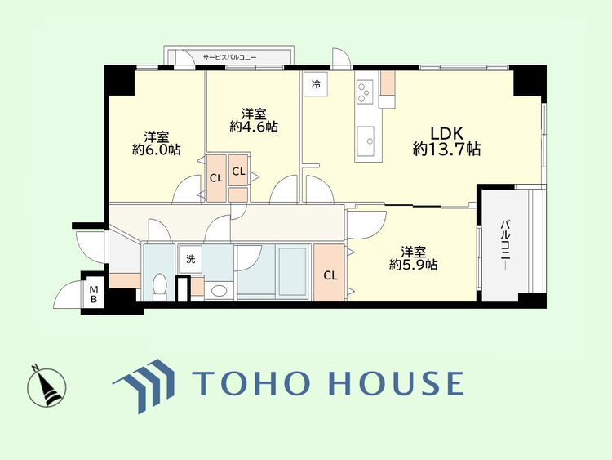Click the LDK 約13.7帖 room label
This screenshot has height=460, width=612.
click(447, 141)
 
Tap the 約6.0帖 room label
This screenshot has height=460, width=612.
click(157, 144)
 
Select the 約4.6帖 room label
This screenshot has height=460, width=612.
click(254, 120)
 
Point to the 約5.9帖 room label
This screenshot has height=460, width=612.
click(414, 258)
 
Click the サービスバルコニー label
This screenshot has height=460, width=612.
click(229, 57)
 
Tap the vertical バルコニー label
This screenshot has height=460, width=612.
click(505, 245)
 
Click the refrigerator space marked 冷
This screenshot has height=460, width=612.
click(316, 83)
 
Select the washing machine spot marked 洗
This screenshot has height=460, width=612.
click(190, 259)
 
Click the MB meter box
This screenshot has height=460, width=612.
click(93, 295)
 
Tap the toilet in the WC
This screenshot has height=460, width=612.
click(159, 287)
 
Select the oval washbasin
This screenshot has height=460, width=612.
click(218, 291)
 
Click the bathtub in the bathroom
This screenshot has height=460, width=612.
click(292, 271)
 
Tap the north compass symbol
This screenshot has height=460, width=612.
click(46, 386)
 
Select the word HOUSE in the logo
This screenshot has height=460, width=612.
click(397, 383)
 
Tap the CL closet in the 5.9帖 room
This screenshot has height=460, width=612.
click(330, 273)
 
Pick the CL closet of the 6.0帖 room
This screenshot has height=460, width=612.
click(216, 178)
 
